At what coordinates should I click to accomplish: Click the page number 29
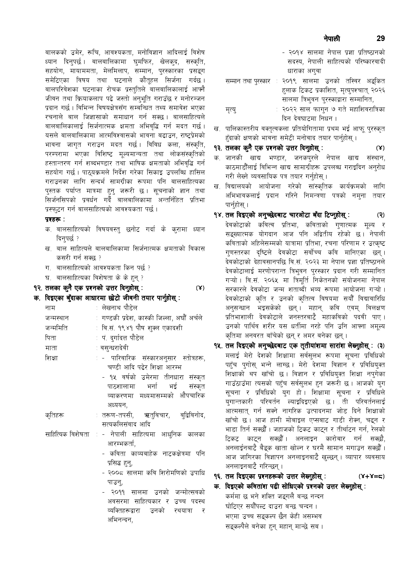pos(380,39)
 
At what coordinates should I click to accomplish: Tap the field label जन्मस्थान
pos(57,318)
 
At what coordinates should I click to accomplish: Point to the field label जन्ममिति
pos(56,328)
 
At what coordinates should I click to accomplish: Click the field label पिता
pos(50,338)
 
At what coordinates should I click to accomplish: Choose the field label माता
pos(51,348)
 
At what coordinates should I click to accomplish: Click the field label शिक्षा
pos(51,358)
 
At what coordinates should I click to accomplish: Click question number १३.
pos(218,148)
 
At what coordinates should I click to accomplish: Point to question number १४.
pos(218,215)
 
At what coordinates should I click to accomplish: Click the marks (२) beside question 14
pos(380,215)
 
